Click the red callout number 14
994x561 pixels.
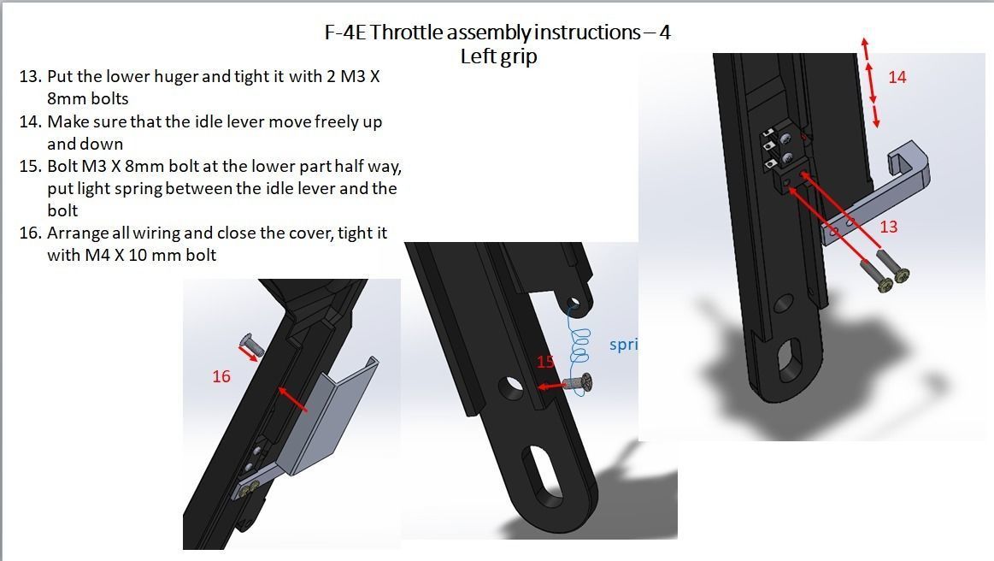click(x=897, y=77)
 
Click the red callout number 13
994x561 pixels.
click(x=888, y=227)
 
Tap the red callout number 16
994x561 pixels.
click(x=221, y=376)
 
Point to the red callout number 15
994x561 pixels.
click(x=546, y=363)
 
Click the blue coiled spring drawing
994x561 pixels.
click(x=580, y=342)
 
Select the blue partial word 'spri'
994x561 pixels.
click(x=623, y=345)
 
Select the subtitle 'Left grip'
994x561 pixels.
click(x=498, y=56)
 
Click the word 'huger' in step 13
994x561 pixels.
click(x=176, y=77)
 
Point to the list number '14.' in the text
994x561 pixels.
click(x=29, y=121)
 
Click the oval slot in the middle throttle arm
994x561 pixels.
click(x=546, y=481)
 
